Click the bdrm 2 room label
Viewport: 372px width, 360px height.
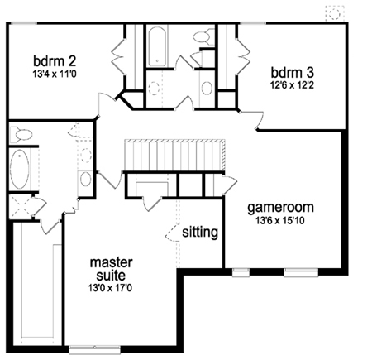pos(55,61)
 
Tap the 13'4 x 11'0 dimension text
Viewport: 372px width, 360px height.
pos(55,74)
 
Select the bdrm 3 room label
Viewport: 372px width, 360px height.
pos(293,73)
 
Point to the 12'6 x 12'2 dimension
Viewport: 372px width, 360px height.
pos(292,85)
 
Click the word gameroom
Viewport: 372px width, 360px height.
pos(280,208)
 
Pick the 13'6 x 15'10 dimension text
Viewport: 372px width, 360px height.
pos(280,221)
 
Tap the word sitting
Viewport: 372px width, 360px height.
pos(200,232)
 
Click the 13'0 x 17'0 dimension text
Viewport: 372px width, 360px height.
pos(110,288)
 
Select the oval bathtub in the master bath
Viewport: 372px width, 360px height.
pos(19,169)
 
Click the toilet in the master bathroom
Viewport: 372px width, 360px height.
pos(21,135)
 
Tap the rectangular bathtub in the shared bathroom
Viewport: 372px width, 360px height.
pos(157,46)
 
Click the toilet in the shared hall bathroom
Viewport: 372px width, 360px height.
pos(204,37)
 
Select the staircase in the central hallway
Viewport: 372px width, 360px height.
pos(174,155)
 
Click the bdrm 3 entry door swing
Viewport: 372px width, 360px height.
pos(251,119)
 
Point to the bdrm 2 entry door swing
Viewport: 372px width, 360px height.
pos(106,104)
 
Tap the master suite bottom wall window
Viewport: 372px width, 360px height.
pos(94,349)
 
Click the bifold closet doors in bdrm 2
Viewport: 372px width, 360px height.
pos(119,56)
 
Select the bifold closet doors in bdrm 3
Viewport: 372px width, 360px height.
pos(243,56)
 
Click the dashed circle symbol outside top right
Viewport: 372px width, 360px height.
pos(335,13)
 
